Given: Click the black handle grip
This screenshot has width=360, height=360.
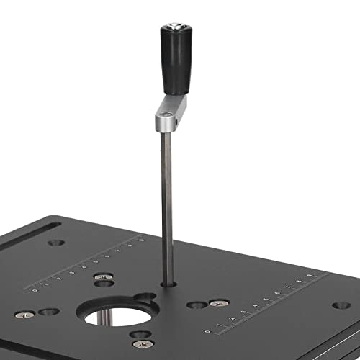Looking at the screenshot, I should [173, 65].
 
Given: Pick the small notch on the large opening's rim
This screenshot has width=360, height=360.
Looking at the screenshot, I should [144, 297].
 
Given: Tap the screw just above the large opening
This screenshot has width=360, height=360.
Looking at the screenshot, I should [105, 276].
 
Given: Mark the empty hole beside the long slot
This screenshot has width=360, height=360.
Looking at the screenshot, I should [57, 243].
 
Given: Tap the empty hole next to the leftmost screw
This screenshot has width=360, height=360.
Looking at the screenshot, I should [49, 312].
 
